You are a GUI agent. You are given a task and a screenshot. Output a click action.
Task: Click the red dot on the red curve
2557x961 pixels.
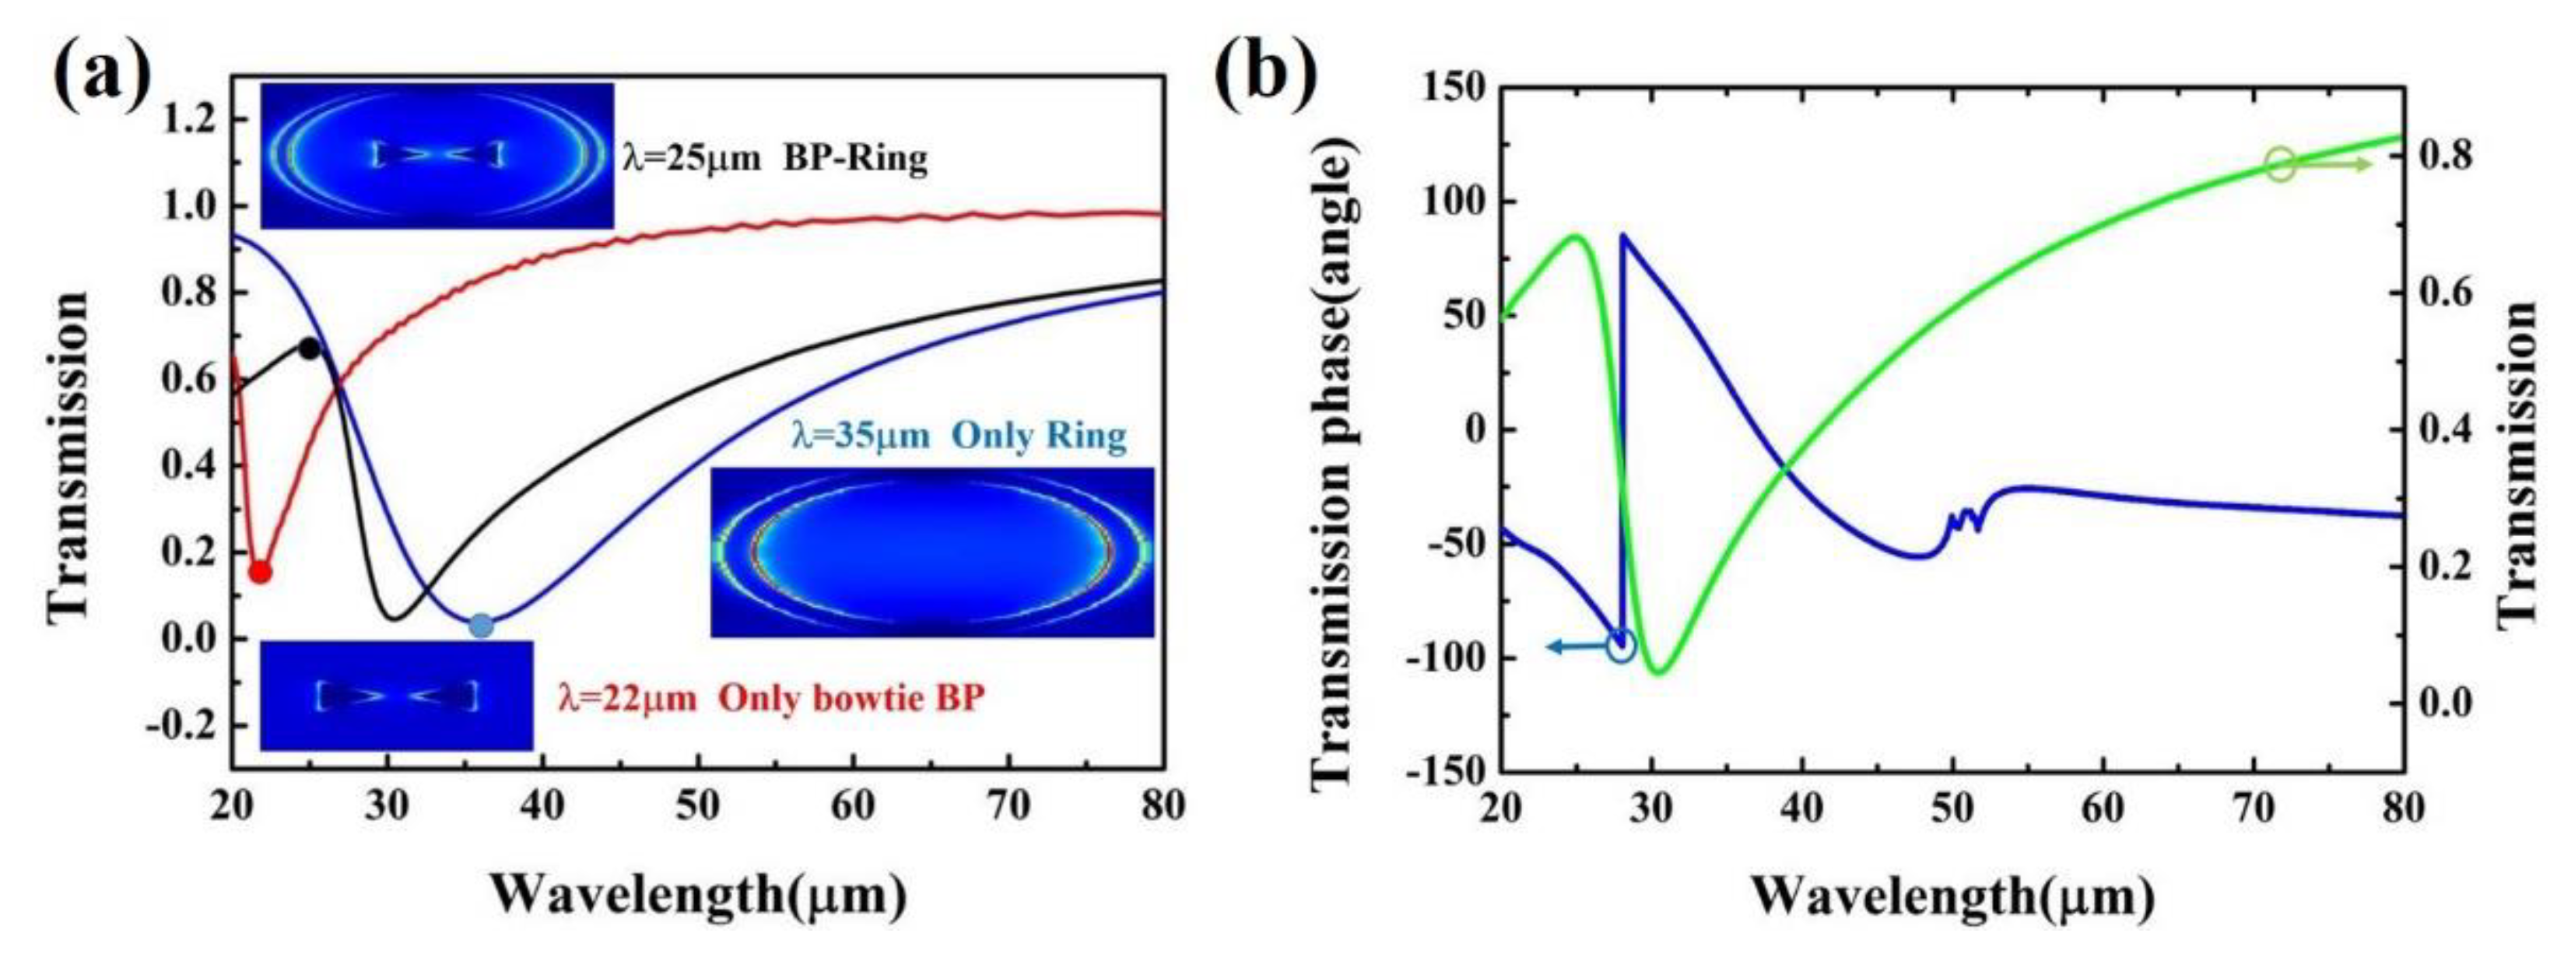tap(260, 572)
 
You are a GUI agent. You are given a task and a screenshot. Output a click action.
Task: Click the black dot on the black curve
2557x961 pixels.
tap(310, 349)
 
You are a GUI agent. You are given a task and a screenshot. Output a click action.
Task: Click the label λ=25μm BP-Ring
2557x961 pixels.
tap(774, 159)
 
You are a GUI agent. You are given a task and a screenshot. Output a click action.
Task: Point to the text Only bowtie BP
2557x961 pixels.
tap(851, 698)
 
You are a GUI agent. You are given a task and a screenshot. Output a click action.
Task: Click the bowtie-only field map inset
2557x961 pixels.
tap(396, 695)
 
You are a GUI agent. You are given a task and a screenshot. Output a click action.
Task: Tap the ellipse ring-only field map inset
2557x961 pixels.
tap(932, 552)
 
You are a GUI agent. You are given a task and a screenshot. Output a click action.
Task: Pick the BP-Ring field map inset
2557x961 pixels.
tap(437, 155)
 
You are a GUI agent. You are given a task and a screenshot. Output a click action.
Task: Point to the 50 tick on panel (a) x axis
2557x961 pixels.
tap(698, 805)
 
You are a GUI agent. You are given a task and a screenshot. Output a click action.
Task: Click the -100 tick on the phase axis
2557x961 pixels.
tap(1447, 658)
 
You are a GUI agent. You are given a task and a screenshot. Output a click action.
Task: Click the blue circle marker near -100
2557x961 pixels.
tap(1621, 647)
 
